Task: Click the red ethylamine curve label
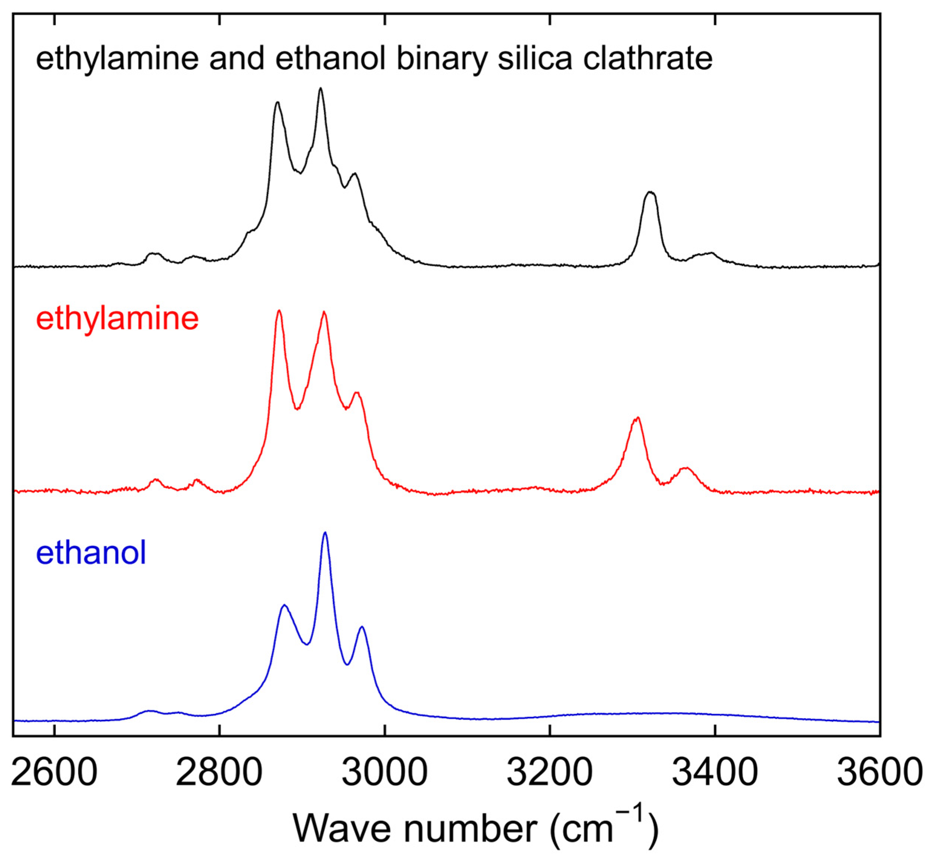tap(117, 319)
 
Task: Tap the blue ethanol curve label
tap(91, 553)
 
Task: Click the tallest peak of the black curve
tap(320, 88)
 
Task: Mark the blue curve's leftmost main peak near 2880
tap(284, 605)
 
